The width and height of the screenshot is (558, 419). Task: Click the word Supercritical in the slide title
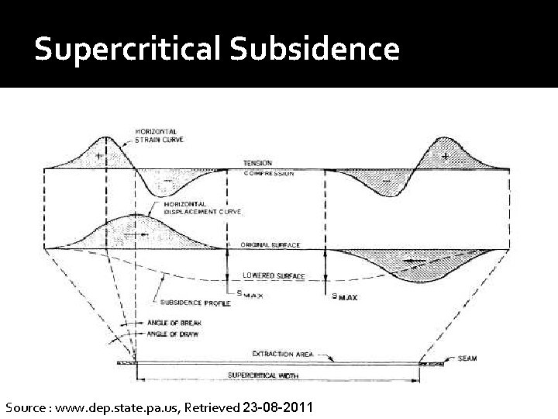click(x=127, y=50)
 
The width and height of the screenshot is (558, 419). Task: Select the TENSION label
click(x=258, y=164)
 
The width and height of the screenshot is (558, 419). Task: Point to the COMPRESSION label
click(x=268, y=174)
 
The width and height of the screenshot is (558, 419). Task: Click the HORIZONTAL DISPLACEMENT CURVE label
click(x=202, y=207)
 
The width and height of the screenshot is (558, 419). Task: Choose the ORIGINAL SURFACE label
click(x=270, y=245)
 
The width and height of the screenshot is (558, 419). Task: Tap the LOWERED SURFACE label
click(x=274, y=275)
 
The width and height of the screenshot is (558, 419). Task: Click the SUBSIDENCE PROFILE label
click(x=195, y=303)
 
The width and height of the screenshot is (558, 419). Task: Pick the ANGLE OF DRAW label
click(x=172, y=334)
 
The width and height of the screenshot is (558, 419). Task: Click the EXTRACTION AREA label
click(x=282, y=354)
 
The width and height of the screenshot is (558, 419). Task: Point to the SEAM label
click(x=467, y=358)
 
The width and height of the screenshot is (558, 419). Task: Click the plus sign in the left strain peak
click(x=99, y=157)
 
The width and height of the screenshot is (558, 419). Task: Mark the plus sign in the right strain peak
click(x=445, y=157)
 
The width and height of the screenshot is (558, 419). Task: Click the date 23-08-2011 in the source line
click(x=277, y=407)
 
